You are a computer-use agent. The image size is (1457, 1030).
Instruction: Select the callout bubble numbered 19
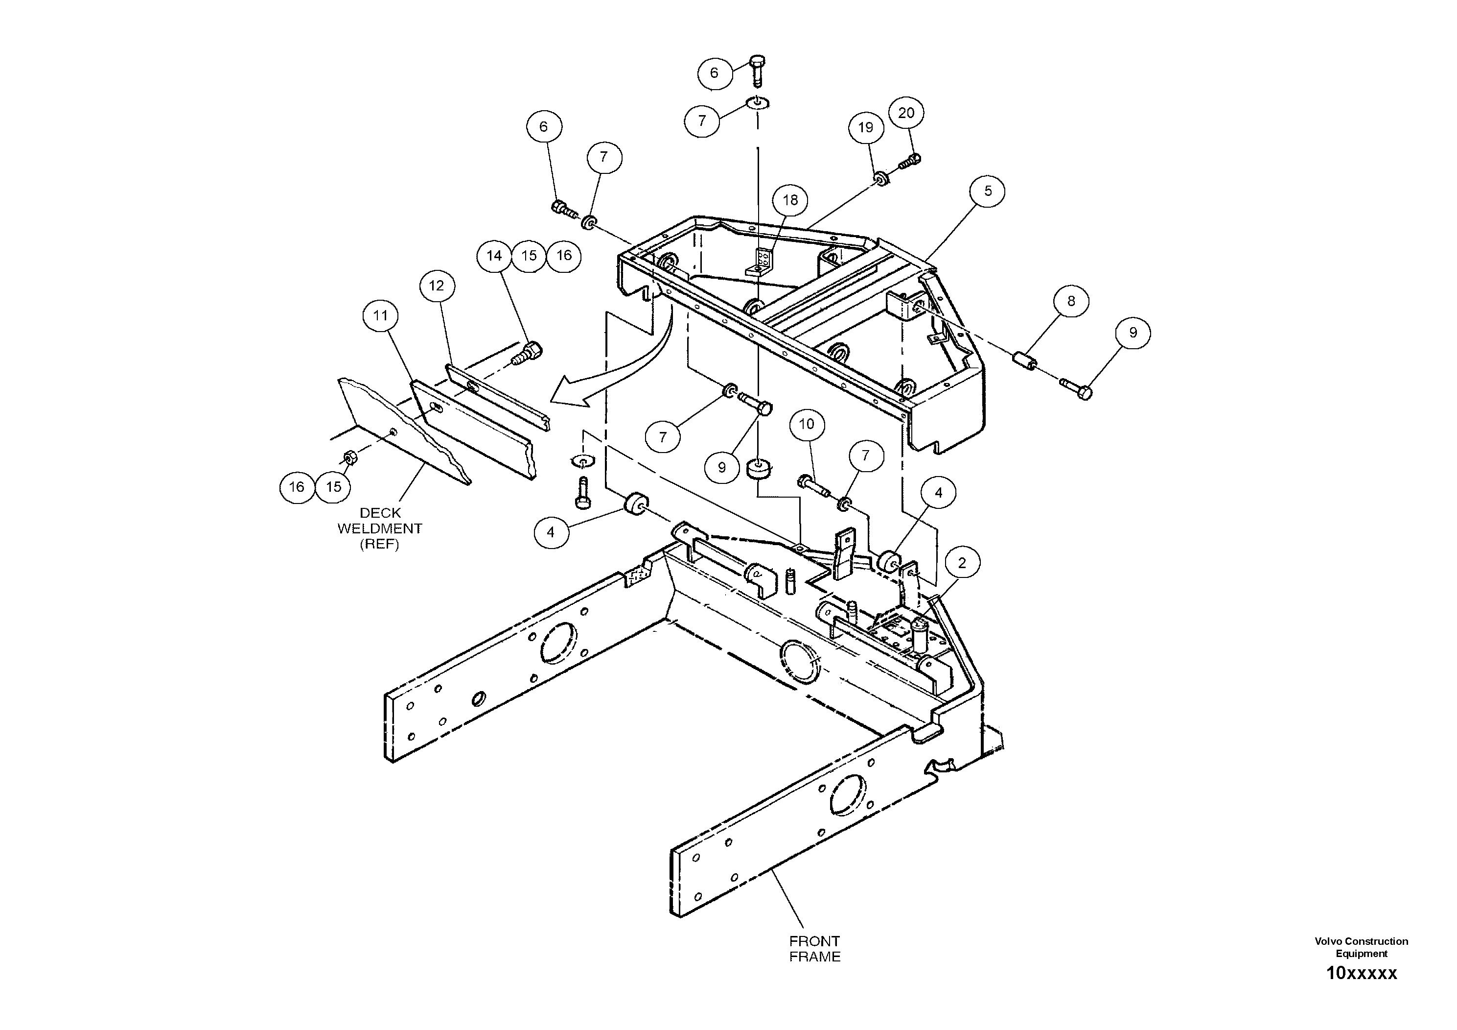866,128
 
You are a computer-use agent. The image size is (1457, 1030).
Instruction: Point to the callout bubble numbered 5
988,191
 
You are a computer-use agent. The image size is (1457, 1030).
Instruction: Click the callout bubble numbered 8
1071,301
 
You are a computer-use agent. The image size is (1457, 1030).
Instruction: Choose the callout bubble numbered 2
962,563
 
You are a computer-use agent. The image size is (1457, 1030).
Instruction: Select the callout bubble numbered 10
807,424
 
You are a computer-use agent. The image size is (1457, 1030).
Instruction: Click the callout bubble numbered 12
437,286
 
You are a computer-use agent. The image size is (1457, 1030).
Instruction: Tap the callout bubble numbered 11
380,315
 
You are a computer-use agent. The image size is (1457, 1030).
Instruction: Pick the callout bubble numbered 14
494,256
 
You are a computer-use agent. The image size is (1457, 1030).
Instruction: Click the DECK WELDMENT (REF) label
379,528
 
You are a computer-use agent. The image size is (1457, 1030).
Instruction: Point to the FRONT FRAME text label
814,949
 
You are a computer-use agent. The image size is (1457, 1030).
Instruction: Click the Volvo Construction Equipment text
1361,947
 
